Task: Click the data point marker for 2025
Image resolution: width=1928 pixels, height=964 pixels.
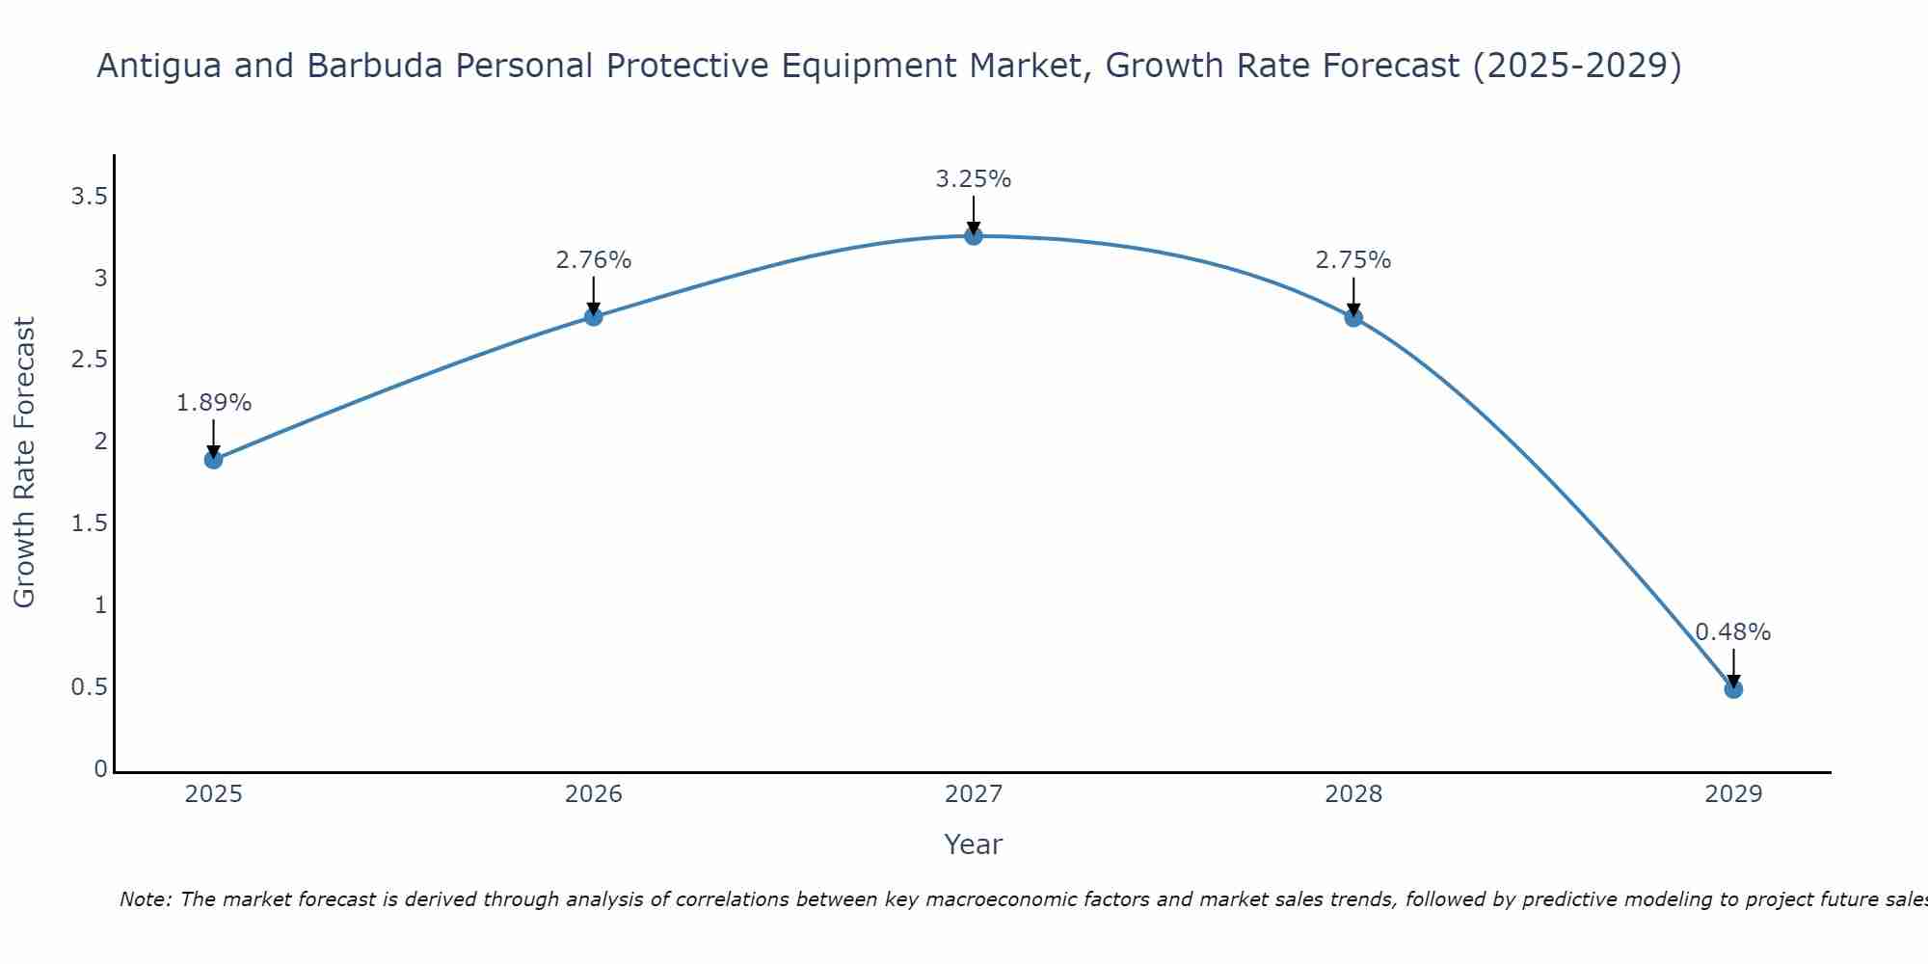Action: pos(214,460)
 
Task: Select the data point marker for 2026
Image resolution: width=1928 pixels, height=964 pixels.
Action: pos(594,316)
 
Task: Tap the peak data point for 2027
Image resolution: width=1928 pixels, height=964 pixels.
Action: pos(974,236)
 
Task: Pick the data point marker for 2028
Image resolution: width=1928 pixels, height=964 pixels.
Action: pos(1353,318)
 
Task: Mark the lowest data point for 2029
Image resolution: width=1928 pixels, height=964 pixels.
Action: pos(1733,689)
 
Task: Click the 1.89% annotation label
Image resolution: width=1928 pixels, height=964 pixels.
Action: pos(214,403)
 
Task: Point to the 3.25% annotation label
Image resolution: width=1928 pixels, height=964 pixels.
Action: pos(974,179)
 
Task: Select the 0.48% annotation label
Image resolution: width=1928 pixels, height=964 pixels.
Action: pos(1733,632)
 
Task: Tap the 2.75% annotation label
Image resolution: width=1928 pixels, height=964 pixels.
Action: pos(1353,260)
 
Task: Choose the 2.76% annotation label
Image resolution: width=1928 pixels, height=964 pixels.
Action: pos(594,260)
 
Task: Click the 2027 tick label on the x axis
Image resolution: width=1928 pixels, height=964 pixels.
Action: pos(974,794)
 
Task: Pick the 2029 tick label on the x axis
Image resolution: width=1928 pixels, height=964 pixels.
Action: pos(1733,794)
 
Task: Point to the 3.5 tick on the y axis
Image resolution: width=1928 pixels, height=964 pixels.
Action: pos(89,198)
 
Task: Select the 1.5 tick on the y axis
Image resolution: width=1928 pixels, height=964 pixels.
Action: pos(89,523)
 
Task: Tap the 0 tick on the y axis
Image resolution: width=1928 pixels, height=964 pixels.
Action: pos(100,769)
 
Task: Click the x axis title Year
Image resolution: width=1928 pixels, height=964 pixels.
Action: pos(974,844)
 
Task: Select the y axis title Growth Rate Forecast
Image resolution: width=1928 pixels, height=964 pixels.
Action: pos(25,463)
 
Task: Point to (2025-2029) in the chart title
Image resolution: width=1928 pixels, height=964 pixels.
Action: pos(1577,66)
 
